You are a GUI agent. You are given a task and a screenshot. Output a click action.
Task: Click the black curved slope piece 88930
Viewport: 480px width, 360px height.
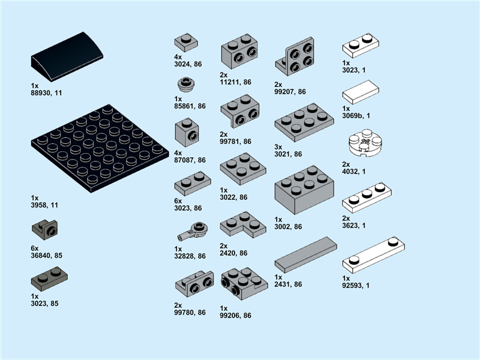[67, 56]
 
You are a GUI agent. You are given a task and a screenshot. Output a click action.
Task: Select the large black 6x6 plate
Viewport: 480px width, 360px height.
[100, 148]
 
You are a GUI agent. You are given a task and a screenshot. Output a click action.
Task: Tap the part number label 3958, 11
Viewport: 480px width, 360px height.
[44, 205]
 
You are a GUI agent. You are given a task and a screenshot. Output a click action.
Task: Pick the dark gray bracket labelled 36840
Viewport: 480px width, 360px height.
[44, 230]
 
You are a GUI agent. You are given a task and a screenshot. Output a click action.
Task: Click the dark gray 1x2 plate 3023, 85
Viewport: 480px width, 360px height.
[49, 279]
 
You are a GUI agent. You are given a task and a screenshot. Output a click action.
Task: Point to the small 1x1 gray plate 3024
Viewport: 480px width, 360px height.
[186, 43]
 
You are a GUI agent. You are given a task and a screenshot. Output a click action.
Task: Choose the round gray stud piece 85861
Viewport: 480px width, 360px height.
[186, 84]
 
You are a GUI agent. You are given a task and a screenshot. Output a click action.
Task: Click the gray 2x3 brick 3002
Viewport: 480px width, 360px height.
[304, 190]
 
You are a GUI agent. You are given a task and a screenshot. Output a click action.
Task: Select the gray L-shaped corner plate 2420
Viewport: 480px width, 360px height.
[243, 224]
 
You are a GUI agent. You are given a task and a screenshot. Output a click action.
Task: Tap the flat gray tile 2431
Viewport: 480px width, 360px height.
[306, 254]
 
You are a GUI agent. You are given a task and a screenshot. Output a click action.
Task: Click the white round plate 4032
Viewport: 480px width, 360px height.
[365, 143]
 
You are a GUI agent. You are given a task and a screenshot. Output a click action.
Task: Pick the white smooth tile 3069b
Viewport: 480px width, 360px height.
[361, 92]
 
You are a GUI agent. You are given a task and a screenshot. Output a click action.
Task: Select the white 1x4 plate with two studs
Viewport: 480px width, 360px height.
[373, 254]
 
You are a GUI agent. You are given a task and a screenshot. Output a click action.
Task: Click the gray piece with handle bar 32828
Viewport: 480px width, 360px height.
[193, 231]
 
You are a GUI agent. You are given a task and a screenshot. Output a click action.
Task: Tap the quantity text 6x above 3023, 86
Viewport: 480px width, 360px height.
[178, 201]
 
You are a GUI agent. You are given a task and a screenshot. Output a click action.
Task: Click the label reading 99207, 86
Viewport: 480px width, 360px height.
[290, 92]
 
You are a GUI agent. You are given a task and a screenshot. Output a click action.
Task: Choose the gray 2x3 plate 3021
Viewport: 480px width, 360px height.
[304, 122]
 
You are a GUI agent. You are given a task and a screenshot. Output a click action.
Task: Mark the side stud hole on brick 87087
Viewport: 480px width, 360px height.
[193, 136]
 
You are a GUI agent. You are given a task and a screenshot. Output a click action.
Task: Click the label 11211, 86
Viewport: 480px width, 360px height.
[235, 82]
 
